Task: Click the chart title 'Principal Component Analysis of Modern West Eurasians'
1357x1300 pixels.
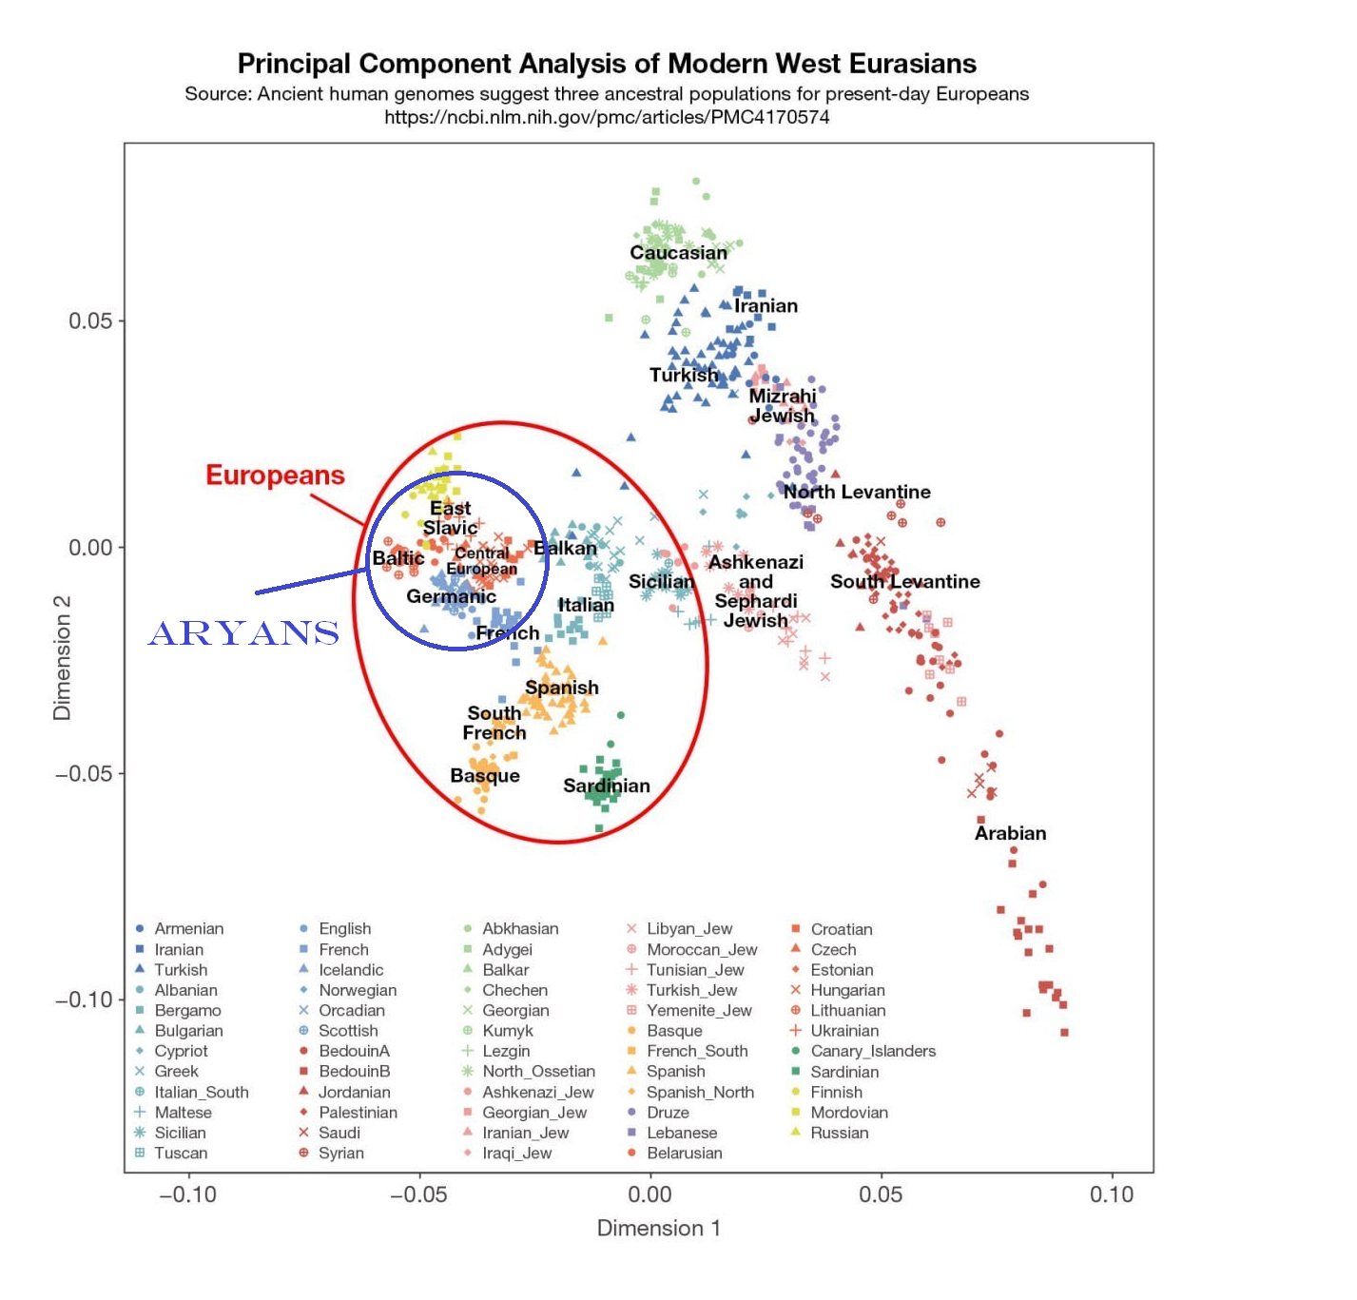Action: click(x=607, y=64)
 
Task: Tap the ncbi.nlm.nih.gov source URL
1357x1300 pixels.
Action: click(x=607, y=117)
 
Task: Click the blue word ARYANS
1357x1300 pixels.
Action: click(x=244, y=632)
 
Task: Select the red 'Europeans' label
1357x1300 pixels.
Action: click(x=275, y=475)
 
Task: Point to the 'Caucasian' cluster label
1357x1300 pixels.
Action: click(x=678, y=253)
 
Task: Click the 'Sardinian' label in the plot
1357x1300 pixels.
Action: click(x=607, y=786)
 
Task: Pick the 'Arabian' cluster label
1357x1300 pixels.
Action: click(x=1010, y=833)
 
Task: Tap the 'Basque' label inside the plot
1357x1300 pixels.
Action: click(x=485, y=776)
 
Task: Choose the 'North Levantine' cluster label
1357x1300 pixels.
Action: click(x=857, y=492)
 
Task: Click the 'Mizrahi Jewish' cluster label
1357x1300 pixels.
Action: click(x=783, y=406)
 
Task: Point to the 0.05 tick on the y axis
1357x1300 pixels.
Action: click(x=90, y=320)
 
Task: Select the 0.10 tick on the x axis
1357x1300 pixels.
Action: click(x=1111, y=1194)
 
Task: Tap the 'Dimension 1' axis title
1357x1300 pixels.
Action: click(x=658, y=1229)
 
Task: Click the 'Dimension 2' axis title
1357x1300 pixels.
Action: click(x=63, y=658)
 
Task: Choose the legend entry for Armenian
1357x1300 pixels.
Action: click(x=188, y=929)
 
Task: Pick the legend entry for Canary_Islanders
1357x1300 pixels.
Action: click(x=872, y=1051)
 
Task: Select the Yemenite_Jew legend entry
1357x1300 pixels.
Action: click(x=698, y=1011)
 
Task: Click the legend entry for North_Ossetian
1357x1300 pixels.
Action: click(x=537, y=1072)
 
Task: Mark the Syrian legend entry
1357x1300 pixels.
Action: click(x=340, y=1154)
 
